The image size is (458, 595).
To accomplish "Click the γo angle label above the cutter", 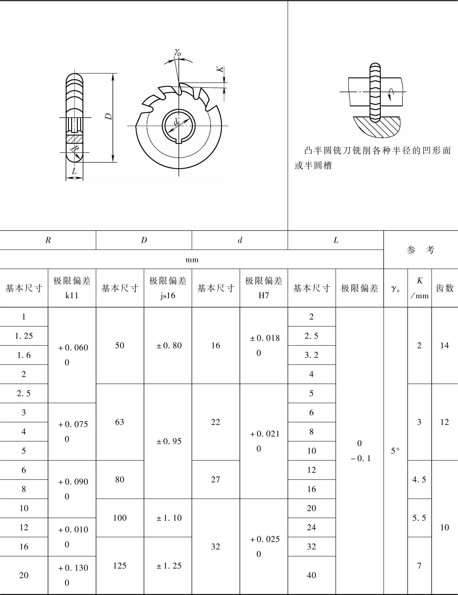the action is pyautogui.click(x=178, y=52).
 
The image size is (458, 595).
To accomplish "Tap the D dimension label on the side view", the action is pyautogui.click(x=108, y=116).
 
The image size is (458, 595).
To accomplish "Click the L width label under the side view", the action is pyautogui.click(x=74, y=171).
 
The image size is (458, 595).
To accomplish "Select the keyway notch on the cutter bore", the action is pyautogui.click(x=179, y=141).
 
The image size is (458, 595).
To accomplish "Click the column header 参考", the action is pyautogui.click(x=420, y=250).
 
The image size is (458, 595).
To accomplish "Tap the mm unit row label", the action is pyautogui.click(x=192, y=259).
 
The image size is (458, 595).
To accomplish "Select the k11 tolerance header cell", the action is pyautogui.click(x=72, y=288).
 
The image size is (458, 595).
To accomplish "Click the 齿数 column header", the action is pyautogui.click(x=444, y=288).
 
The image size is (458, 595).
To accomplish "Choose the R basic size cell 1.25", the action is pyautogui.click(x=24, y=336).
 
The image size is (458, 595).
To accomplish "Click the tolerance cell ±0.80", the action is pyautogui.click(x=169, y=345).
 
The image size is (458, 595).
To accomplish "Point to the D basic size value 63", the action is pyautogui.click(x=119, y=422).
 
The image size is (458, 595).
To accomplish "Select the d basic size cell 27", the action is pyautogui.click(x=216, y=479).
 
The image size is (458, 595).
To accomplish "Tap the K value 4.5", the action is pyautogui.click(x=419, y=479).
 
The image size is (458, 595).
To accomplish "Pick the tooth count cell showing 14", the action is pyautogui.click(x=444, y=345).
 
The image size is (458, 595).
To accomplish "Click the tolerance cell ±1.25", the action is pyautogui.click(x=169, y=566).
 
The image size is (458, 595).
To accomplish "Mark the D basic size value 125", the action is pyautogui.click(x=119, y=566).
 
